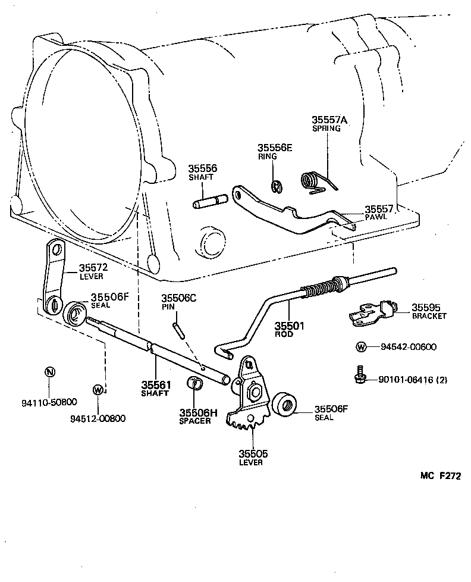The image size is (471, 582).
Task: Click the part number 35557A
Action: coord(329,120)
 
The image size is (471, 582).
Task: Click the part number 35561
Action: coord(156,384)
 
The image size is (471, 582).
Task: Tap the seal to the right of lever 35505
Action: coord(284,408)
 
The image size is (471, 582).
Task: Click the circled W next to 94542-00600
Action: coord(361,348)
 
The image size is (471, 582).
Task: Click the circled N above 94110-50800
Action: coord(51,372)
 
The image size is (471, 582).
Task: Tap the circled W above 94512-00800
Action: coord(98,390)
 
